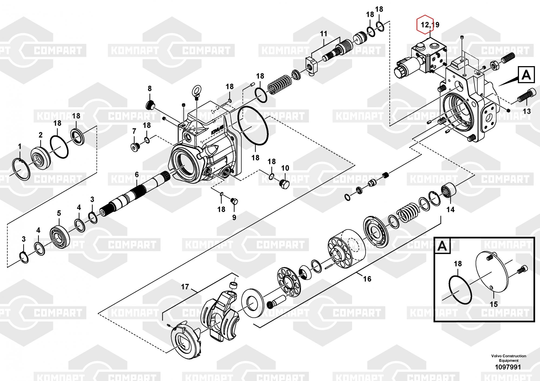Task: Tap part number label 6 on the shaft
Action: (x=137, y=175)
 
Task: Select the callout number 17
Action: (x=185, y=287)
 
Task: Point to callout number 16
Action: (x=367, y=278)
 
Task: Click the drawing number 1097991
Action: (x=508, y=367)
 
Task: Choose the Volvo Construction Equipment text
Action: (x=509, y=358)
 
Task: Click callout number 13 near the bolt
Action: (x=527, y=111)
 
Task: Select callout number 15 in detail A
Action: (x=494, y=304)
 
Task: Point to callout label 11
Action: (x=323, y=34)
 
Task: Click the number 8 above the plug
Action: (x=150, y=88)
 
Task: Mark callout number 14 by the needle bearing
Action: (x=450, y=209)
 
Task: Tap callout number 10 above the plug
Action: (x=285, y=168)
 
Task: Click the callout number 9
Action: (x=234, y=217)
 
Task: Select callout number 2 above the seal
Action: (x=40, y=135)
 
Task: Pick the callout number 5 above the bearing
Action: (x=59, y=213)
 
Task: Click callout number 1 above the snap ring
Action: (x=19, y=147)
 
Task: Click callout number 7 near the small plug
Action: (x=134, y=131)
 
